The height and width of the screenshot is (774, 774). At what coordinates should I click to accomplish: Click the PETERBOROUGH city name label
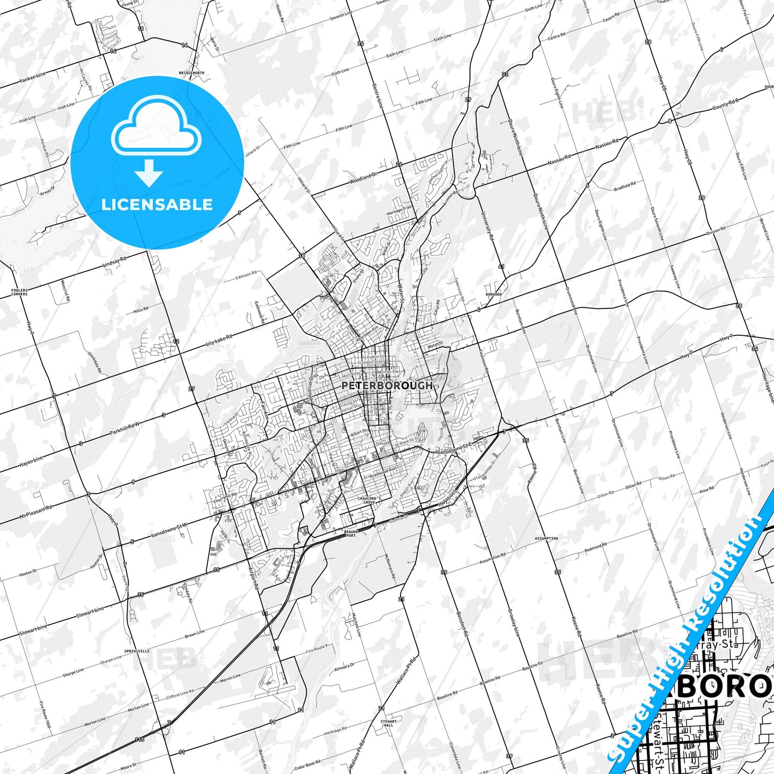tap(387, 385)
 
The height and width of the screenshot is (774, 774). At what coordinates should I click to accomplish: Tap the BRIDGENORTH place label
tap(192, 73)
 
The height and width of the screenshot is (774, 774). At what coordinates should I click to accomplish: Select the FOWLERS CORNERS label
tap(19, 292)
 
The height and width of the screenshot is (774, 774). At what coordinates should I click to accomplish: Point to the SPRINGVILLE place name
tap(137, 651)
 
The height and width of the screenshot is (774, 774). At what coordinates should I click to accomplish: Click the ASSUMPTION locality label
tap(546, 538)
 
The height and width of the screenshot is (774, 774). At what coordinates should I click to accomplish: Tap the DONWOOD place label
tap(493, 294)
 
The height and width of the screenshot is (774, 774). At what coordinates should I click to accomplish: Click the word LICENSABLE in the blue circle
tap(157, 205)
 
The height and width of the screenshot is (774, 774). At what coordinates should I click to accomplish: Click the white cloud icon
tap(156, 126)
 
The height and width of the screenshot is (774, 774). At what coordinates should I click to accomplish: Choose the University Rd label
tap(487, 224)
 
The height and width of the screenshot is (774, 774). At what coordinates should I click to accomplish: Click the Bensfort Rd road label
tap(462, 624)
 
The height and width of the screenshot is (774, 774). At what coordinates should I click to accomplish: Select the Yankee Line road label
tap(33, 77)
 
